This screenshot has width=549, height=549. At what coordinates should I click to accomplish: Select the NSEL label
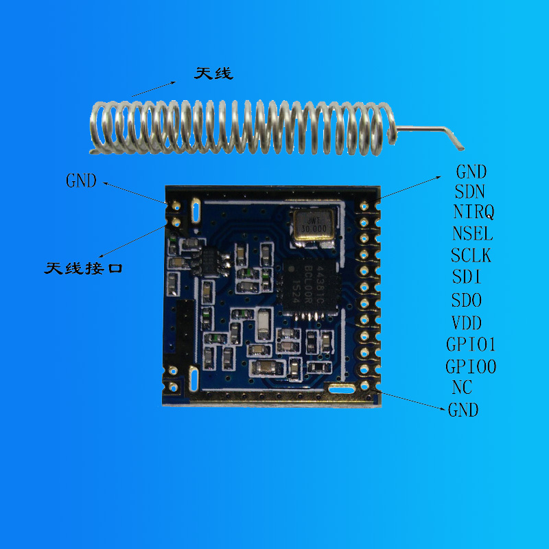point(472,233)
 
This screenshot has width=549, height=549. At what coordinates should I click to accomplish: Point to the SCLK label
point(471,255)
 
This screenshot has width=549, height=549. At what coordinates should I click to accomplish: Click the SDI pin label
point(467,277)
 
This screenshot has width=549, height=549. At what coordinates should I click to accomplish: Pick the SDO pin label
point(467,300)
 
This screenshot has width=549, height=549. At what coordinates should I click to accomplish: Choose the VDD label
point(467,323)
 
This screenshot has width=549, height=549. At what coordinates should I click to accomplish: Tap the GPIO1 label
point(471,344)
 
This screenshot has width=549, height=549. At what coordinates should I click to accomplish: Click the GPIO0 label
point(471,366)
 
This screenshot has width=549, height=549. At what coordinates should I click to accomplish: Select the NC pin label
point(462,387)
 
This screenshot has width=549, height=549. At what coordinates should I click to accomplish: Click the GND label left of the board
point(82,181)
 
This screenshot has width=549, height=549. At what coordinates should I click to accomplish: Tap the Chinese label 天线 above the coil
point(213,73)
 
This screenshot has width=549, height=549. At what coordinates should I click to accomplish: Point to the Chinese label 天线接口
point(83,268)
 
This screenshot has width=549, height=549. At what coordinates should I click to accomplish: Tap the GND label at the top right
point(471,172)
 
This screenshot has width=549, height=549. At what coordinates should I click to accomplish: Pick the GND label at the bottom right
point(463,410)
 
